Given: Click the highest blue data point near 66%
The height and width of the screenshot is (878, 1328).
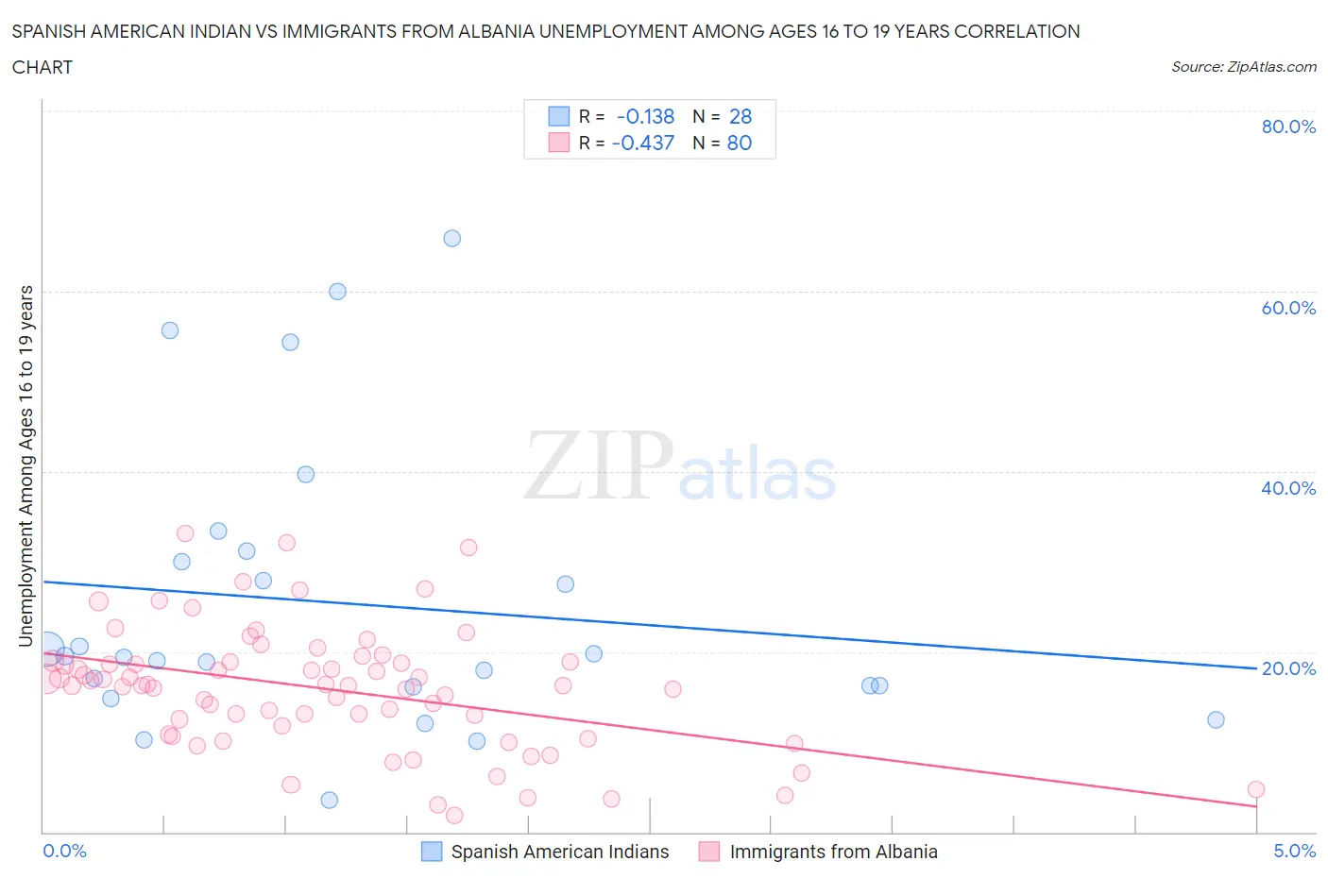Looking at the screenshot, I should click(452, 238).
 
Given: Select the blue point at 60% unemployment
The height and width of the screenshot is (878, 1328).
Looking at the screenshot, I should click(337, 292).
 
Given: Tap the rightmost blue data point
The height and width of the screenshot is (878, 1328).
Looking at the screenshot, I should click(1216, 719).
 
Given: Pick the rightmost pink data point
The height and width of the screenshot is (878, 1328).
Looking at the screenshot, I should click(1255, 789).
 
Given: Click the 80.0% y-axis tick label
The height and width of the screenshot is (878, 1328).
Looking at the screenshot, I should click(1288, 127).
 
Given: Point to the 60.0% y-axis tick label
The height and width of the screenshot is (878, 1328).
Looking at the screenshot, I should click(1288, 308).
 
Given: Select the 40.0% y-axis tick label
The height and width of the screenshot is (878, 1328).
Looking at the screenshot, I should click(1288, 488).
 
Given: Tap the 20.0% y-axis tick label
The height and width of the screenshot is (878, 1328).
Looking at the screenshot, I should click(1288, 668).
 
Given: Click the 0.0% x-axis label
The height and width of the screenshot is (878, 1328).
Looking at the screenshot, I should click(64, 851).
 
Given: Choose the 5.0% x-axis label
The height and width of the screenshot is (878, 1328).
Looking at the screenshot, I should click(1294, 851).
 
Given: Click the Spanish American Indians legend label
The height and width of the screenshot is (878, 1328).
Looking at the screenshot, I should click(559, 852).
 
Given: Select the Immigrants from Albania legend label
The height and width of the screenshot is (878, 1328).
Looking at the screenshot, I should click(833, 852).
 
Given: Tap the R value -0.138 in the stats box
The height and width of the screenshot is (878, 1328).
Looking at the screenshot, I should click(645, 116).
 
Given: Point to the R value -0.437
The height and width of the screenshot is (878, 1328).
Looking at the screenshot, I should click(643, 143).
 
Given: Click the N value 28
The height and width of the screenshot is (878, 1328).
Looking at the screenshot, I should click(741, 116).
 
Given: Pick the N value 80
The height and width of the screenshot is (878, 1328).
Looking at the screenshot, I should click(740, 143).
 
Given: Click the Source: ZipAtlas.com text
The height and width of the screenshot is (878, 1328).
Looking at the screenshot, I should click(1243, 66).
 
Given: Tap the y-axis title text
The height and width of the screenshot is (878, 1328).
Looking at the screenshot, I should click(26, 465).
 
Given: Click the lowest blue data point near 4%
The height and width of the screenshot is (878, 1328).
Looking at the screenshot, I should click(330, 800).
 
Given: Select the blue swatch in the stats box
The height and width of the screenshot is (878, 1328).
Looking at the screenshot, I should click(559, 116).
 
